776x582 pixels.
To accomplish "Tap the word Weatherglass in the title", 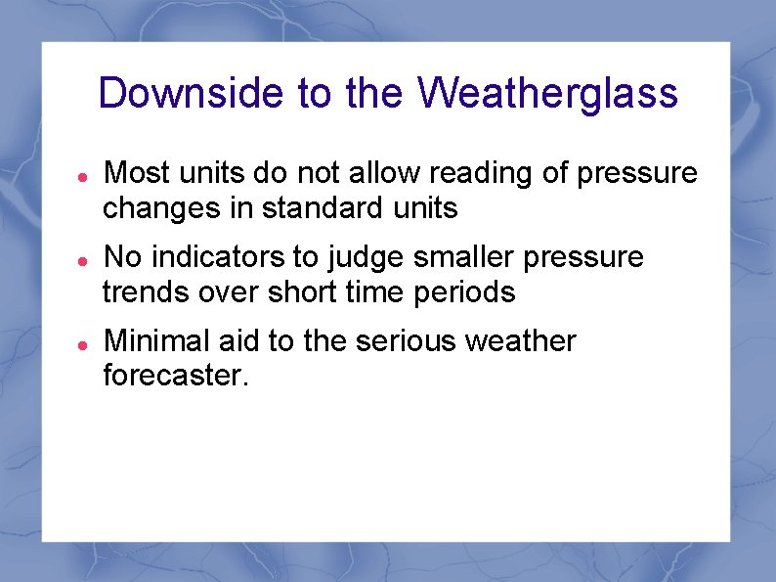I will [x=547, y=94].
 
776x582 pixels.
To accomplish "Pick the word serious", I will [x=406, y=341].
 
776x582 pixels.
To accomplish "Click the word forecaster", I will [x=176, y=376].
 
